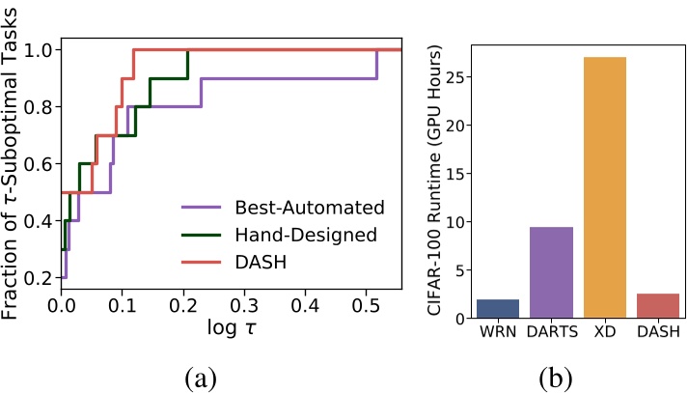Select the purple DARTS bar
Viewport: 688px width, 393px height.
(552, 273)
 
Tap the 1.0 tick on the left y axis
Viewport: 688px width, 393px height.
(39, 49)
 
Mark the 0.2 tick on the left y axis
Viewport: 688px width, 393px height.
(39, 278)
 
